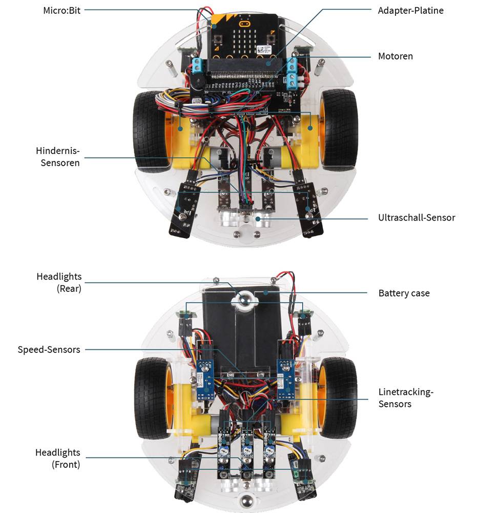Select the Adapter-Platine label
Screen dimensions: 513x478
tap(410, 10)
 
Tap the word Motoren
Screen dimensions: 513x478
tap(395, 56)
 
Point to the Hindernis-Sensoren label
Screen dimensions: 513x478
tap(58, 157)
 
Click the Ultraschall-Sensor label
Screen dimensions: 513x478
tap(416, 218)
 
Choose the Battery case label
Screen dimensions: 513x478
tap(404, 293)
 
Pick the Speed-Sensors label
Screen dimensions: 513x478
tap(49, 349)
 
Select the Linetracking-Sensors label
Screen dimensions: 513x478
tap(406, 398)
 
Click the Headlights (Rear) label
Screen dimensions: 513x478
tap(58, 283)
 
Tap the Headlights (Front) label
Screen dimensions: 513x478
tap(57, 459)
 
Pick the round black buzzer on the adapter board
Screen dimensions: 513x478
tap(198, 82)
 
